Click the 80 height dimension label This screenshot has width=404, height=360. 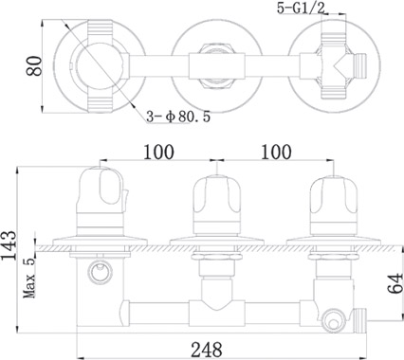pyautogui.click(x=34, y=66)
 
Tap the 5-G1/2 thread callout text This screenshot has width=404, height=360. pyautogui.click(x=301, y=8)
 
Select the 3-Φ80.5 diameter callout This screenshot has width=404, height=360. pyautogui.click(x=178, y=117)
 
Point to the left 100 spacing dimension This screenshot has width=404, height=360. pyautogui.click(x=158, y=152)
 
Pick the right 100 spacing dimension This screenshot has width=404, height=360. pyautogui.click(x=276, y=152)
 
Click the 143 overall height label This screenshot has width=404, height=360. pyautogui.click(x=9, y=245)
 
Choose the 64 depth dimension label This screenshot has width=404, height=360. pyautogui.click(x=395, y=284)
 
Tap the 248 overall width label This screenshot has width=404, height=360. pyautogui.click(x=207, y=350)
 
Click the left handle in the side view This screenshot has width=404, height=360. pyautogui.click(x=101, y=202)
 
